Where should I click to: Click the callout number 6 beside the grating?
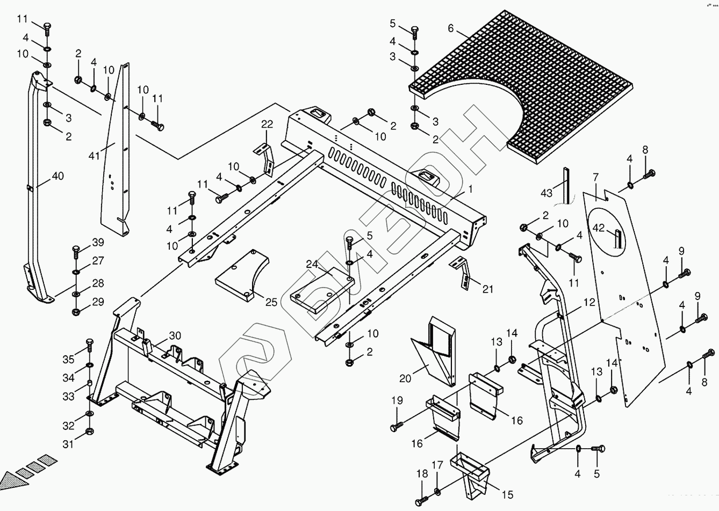coord(450,28)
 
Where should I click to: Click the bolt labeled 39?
coord(76,251)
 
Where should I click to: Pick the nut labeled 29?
coord(76,311)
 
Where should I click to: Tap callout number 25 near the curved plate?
coord(271,302)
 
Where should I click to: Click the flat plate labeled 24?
coord(320,293)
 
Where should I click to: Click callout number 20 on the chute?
coord(405,378)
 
